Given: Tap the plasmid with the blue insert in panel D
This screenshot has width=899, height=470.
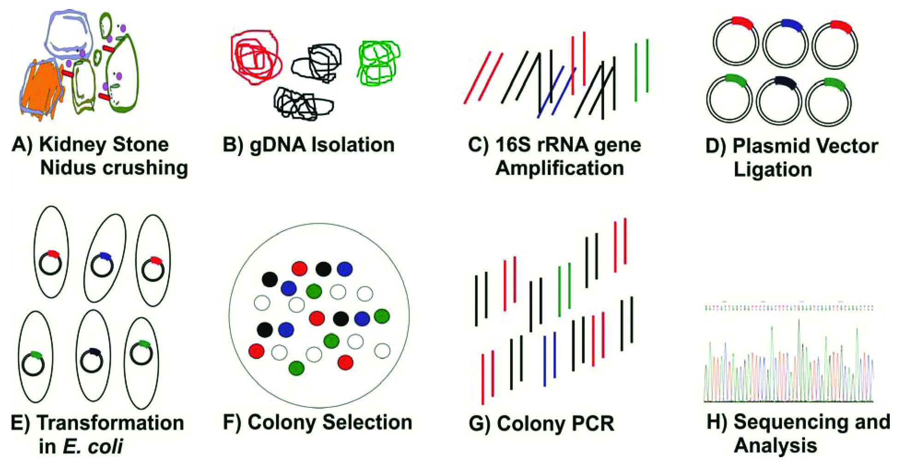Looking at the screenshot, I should coord(785,44).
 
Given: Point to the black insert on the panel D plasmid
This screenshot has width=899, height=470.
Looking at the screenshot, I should coord(785,82).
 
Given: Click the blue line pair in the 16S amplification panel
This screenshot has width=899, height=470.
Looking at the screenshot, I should coord(557,92).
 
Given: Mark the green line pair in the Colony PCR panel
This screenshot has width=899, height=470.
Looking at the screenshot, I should coord(564,290).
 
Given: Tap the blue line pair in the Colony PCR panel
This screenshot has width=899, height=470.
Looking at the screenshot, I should coord(550,359).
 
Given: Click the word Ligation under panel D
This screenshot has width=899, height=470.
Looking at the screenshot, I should coord(772,170).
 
